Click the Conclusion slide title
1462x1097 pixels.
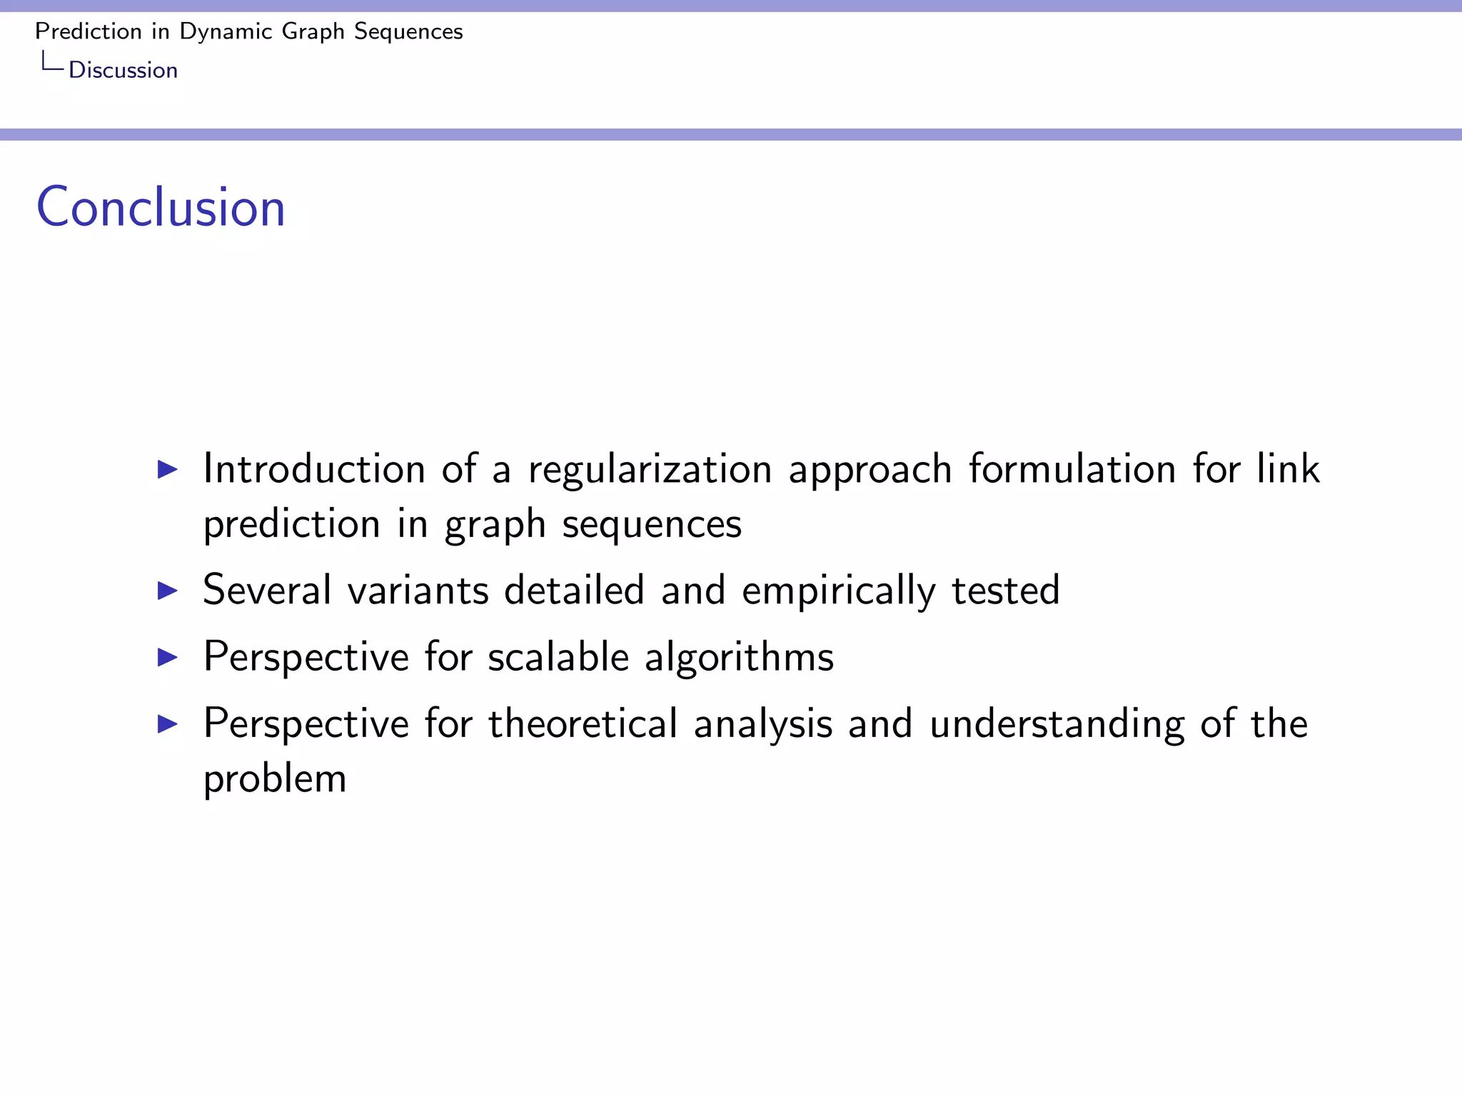[x=161, y=207]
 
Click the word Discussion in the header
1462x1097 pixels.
[x=123, y=70]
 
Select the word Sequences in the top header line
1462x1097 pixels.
[x=408, y=31]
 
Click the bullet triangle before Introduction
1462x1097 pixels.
[x=167, y=469]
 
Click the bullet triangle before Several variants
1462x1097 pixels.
[x=167, y=591]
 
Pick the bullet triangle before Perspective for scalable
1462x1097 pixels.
[x=167, y=657]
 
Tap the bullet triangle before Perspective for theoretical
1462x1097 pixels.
[x=167, y=723]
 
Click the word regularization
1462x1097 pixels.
[x=650, y=471]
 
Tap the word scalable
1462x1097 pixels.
[x=558, y=657]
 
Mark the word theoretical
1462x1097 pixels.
[x=583, y=723]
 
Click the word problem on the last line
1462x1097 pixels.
[x=275, y=780]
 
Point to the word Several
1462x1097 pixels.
[x=267, y=591]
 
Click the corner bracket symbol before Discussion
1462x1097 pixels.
[x=52, y=62]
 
